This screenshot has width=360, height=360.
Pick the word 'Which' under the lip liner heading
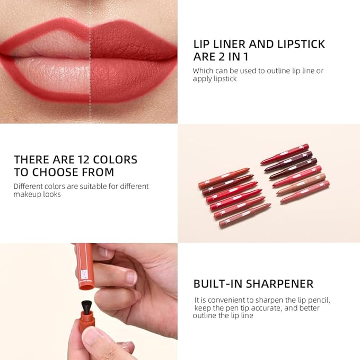click(x=203, y=71)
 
